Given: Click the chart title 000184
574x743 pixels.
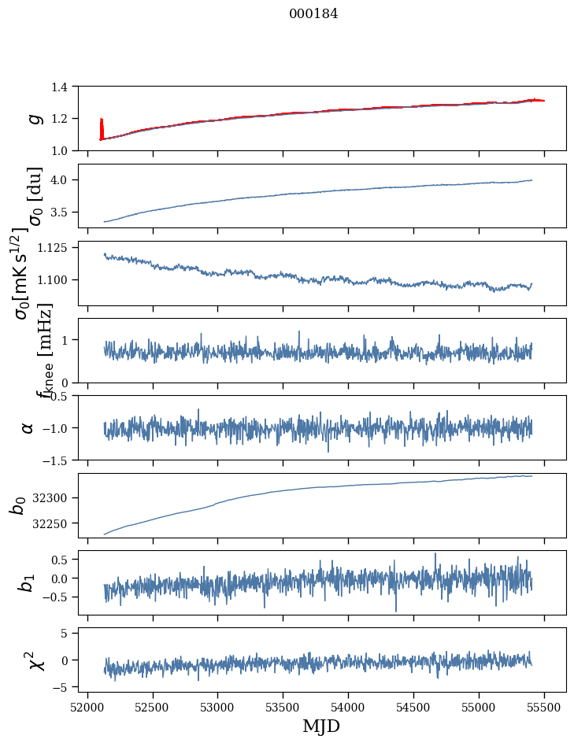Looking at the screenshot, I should click(313, 14).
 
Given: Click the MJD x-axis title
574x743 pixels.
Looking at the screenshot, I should click(321, 726).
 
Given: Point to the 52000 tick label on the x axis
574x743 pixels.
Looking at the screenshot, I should click(87, 706).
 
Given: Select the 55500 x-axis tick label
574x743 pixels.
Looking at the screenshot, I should click(545, 706).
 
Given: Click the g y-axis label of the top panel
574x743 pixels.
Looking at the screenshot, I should click(34, 118).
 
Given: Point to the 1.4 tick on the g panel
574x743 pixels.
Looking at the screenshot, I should click(61, 87).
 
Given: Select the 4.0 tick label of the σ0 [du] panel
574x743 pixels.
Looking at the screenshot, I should click(61, 180).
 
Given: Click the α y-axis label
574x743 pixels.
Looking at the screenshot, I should click(28, 427).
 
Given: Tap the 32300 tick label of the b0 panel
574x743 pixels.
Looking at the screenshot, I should click(53, 497).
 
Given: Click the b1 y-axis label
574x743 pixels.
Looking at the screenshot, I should click(28, 582).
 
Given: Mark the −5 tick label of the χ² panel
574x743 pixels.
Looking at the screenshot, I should click(65, 687).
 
